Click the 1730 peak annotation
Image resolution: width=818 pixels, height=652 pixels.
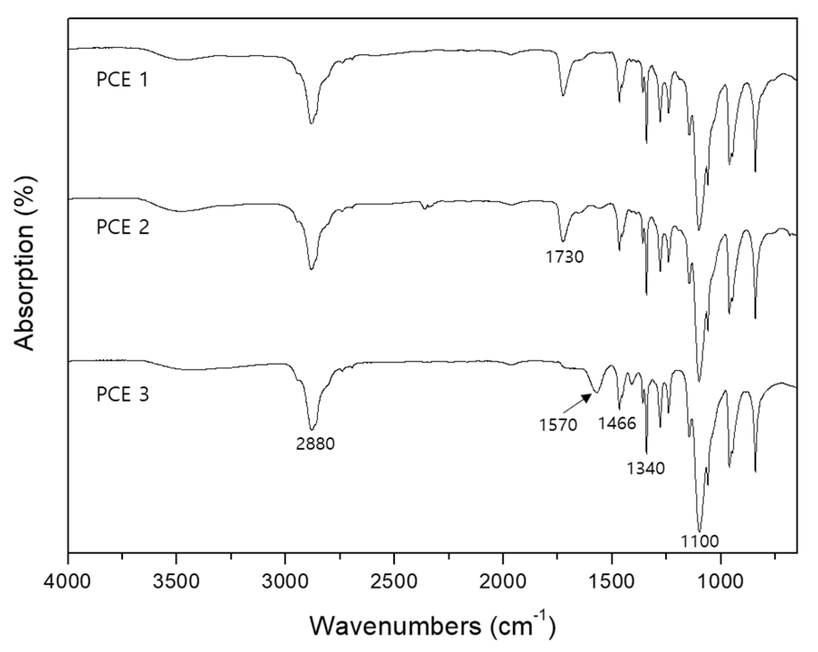pyautogui.click(x=564, y=257)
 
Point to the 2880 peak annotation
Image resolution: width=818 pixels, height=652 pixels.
pyautogui.click(x=315, y=444)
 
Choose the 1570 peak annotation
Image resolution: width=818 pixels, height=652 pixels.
pyautogui.click(x=558, y=425)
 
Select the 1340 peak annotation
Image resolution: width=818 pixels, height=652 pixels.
pyautogui.click(x=645, y=469)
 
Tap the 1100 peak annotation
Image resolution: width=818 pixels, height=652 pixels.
pyautogui.click(x=699, y=542)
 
